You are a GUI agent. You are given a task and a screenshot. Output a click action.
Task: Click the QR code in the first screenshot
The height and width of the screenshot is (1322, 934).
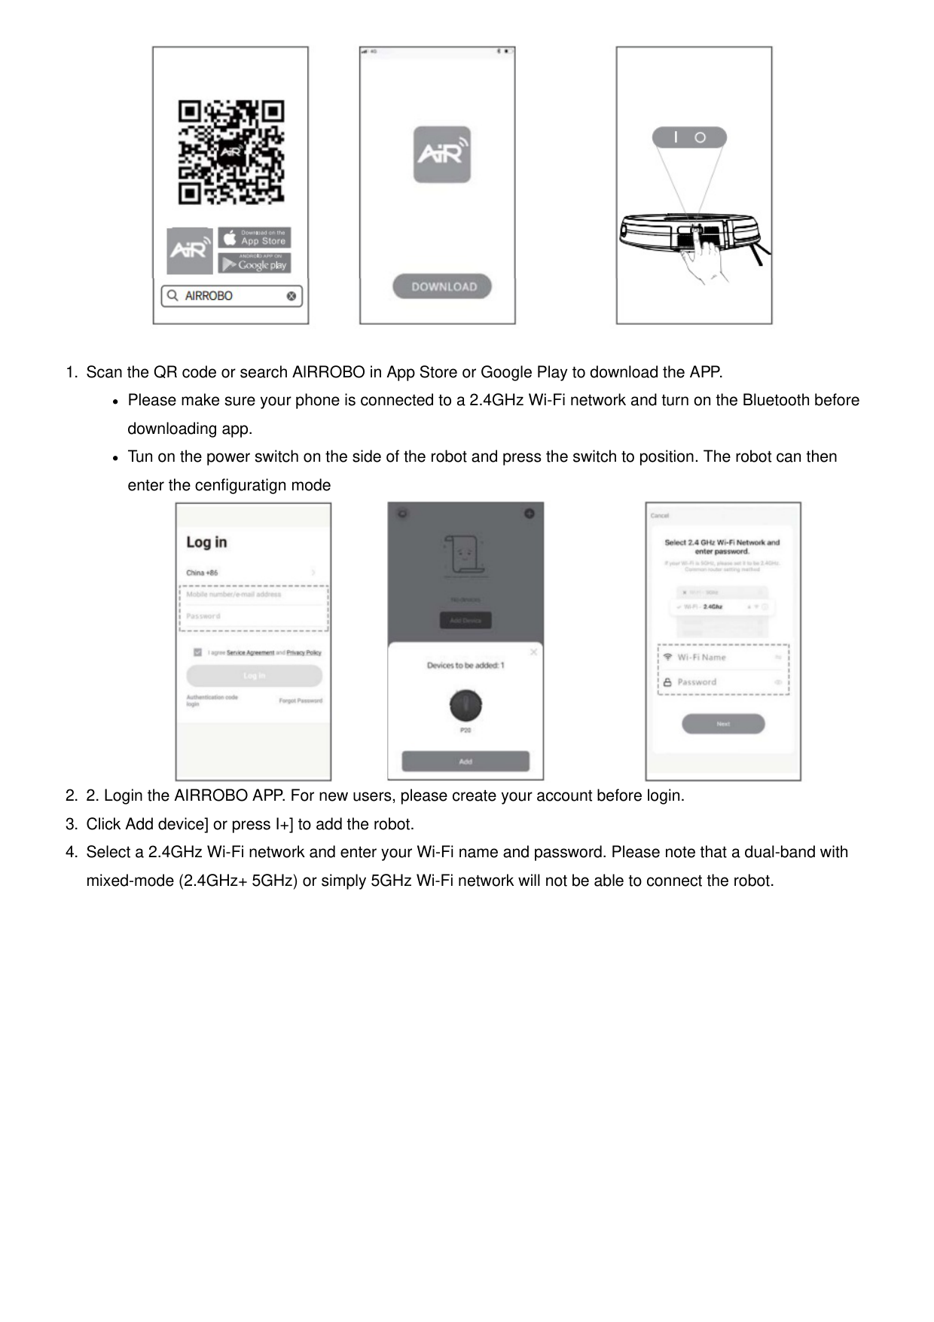(231, 152)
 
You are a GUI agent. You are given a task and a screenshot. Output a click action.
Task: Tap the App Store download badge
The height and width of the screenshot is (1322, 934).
(255, 238)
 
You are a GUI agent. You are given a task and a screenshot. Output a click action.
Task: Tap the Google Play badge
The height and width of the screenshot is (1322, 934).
(255, 264)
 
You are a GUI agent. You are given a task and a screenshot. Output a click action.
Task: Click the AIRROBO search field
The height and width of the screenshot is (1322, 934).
(232, 296)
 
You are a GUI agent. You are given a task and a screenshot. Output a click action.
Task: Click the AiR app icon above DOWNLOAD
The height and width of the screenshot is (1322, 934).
(442, 154)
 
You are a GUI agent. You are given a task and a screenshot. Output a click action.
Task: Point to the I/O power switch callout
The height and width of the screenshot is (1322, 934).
(689, 138)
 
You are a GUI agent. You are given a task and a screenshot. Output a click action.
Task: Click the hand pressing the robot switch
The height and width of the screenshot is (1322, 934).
(704, 260)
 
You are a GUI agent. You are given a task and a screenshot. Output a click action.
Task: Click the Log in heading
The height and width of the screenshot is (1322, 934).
(206, 542)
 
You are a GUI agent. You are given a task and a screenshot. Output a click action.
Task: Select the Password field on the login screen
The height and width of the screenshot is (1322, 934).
(253, 616)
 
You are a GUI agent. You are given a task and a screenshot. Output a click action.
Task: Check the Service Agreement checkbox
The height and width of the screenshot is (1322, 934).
(197, 652)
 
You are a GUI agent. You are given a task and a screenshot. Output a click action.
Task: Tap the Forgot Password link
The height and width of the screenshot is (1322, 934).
(301, 701)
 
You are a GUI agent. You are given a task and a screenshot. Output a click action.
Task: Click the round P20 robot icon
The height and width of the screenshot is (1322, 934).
(465, 705)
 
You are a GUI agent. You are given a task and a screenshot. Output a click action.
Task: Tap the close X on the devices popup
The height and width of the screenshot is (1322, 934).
(533, 652)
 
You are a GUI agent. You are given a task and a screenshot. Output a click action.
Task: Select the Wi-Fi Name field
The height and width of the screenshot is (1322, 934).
(723, 657)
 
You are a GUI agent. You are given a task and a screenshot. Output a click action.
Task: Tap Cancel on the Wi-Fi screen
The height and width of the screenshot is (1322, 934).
(660, 515)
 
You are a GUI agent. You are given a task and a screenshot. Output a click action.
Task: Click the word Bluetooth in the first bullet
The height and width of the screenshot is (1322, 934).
(776, 400)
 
